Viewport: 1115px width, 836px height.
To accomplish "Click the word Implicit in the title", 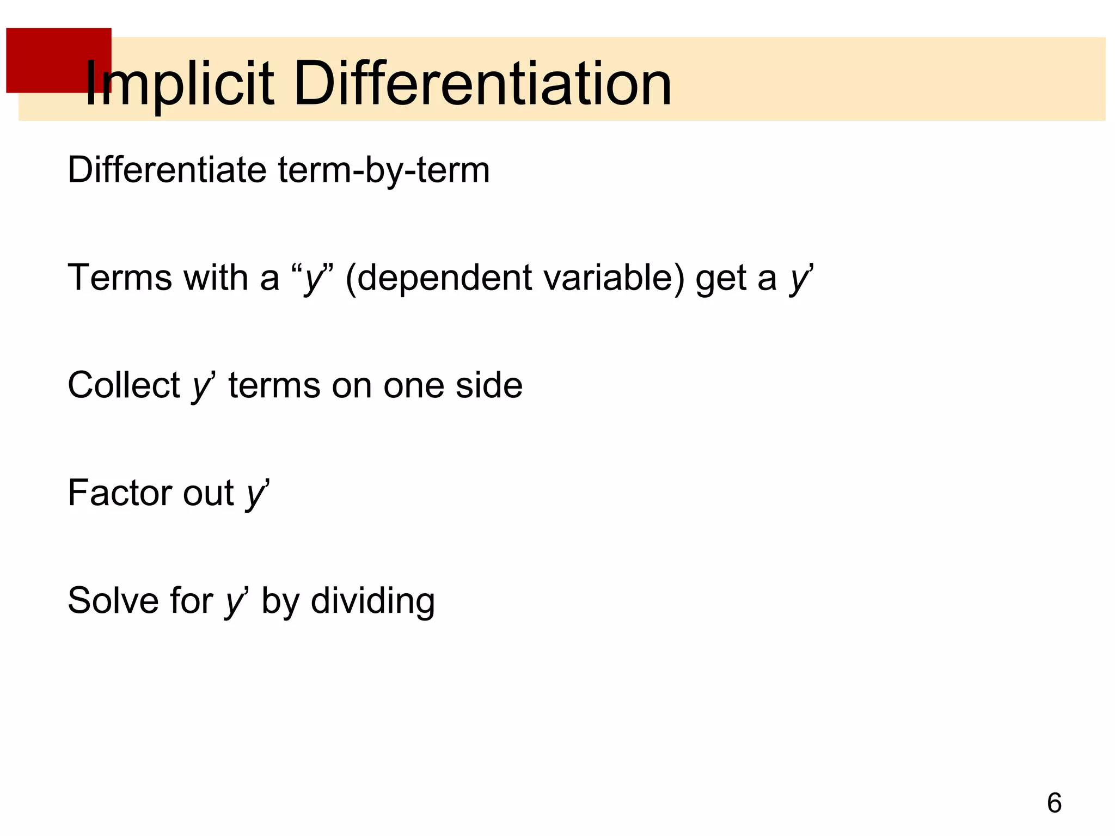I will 180,84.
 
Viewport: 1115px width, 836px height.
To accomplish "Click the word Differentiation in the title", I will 482,84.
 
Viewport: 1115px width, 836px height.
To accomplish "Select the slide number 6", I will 1054,803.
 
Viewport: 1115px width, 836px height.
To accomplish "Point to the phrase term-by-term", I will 384,170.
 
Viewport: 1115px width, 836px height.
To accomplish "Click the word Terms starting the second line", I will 119,278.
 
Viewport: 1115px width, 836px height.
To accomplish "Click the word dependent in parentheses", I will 443,278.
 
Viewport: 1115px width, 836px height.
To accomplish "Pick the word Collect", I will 124,385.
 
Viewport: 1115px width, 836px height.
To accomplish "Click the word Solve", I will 113,601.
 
